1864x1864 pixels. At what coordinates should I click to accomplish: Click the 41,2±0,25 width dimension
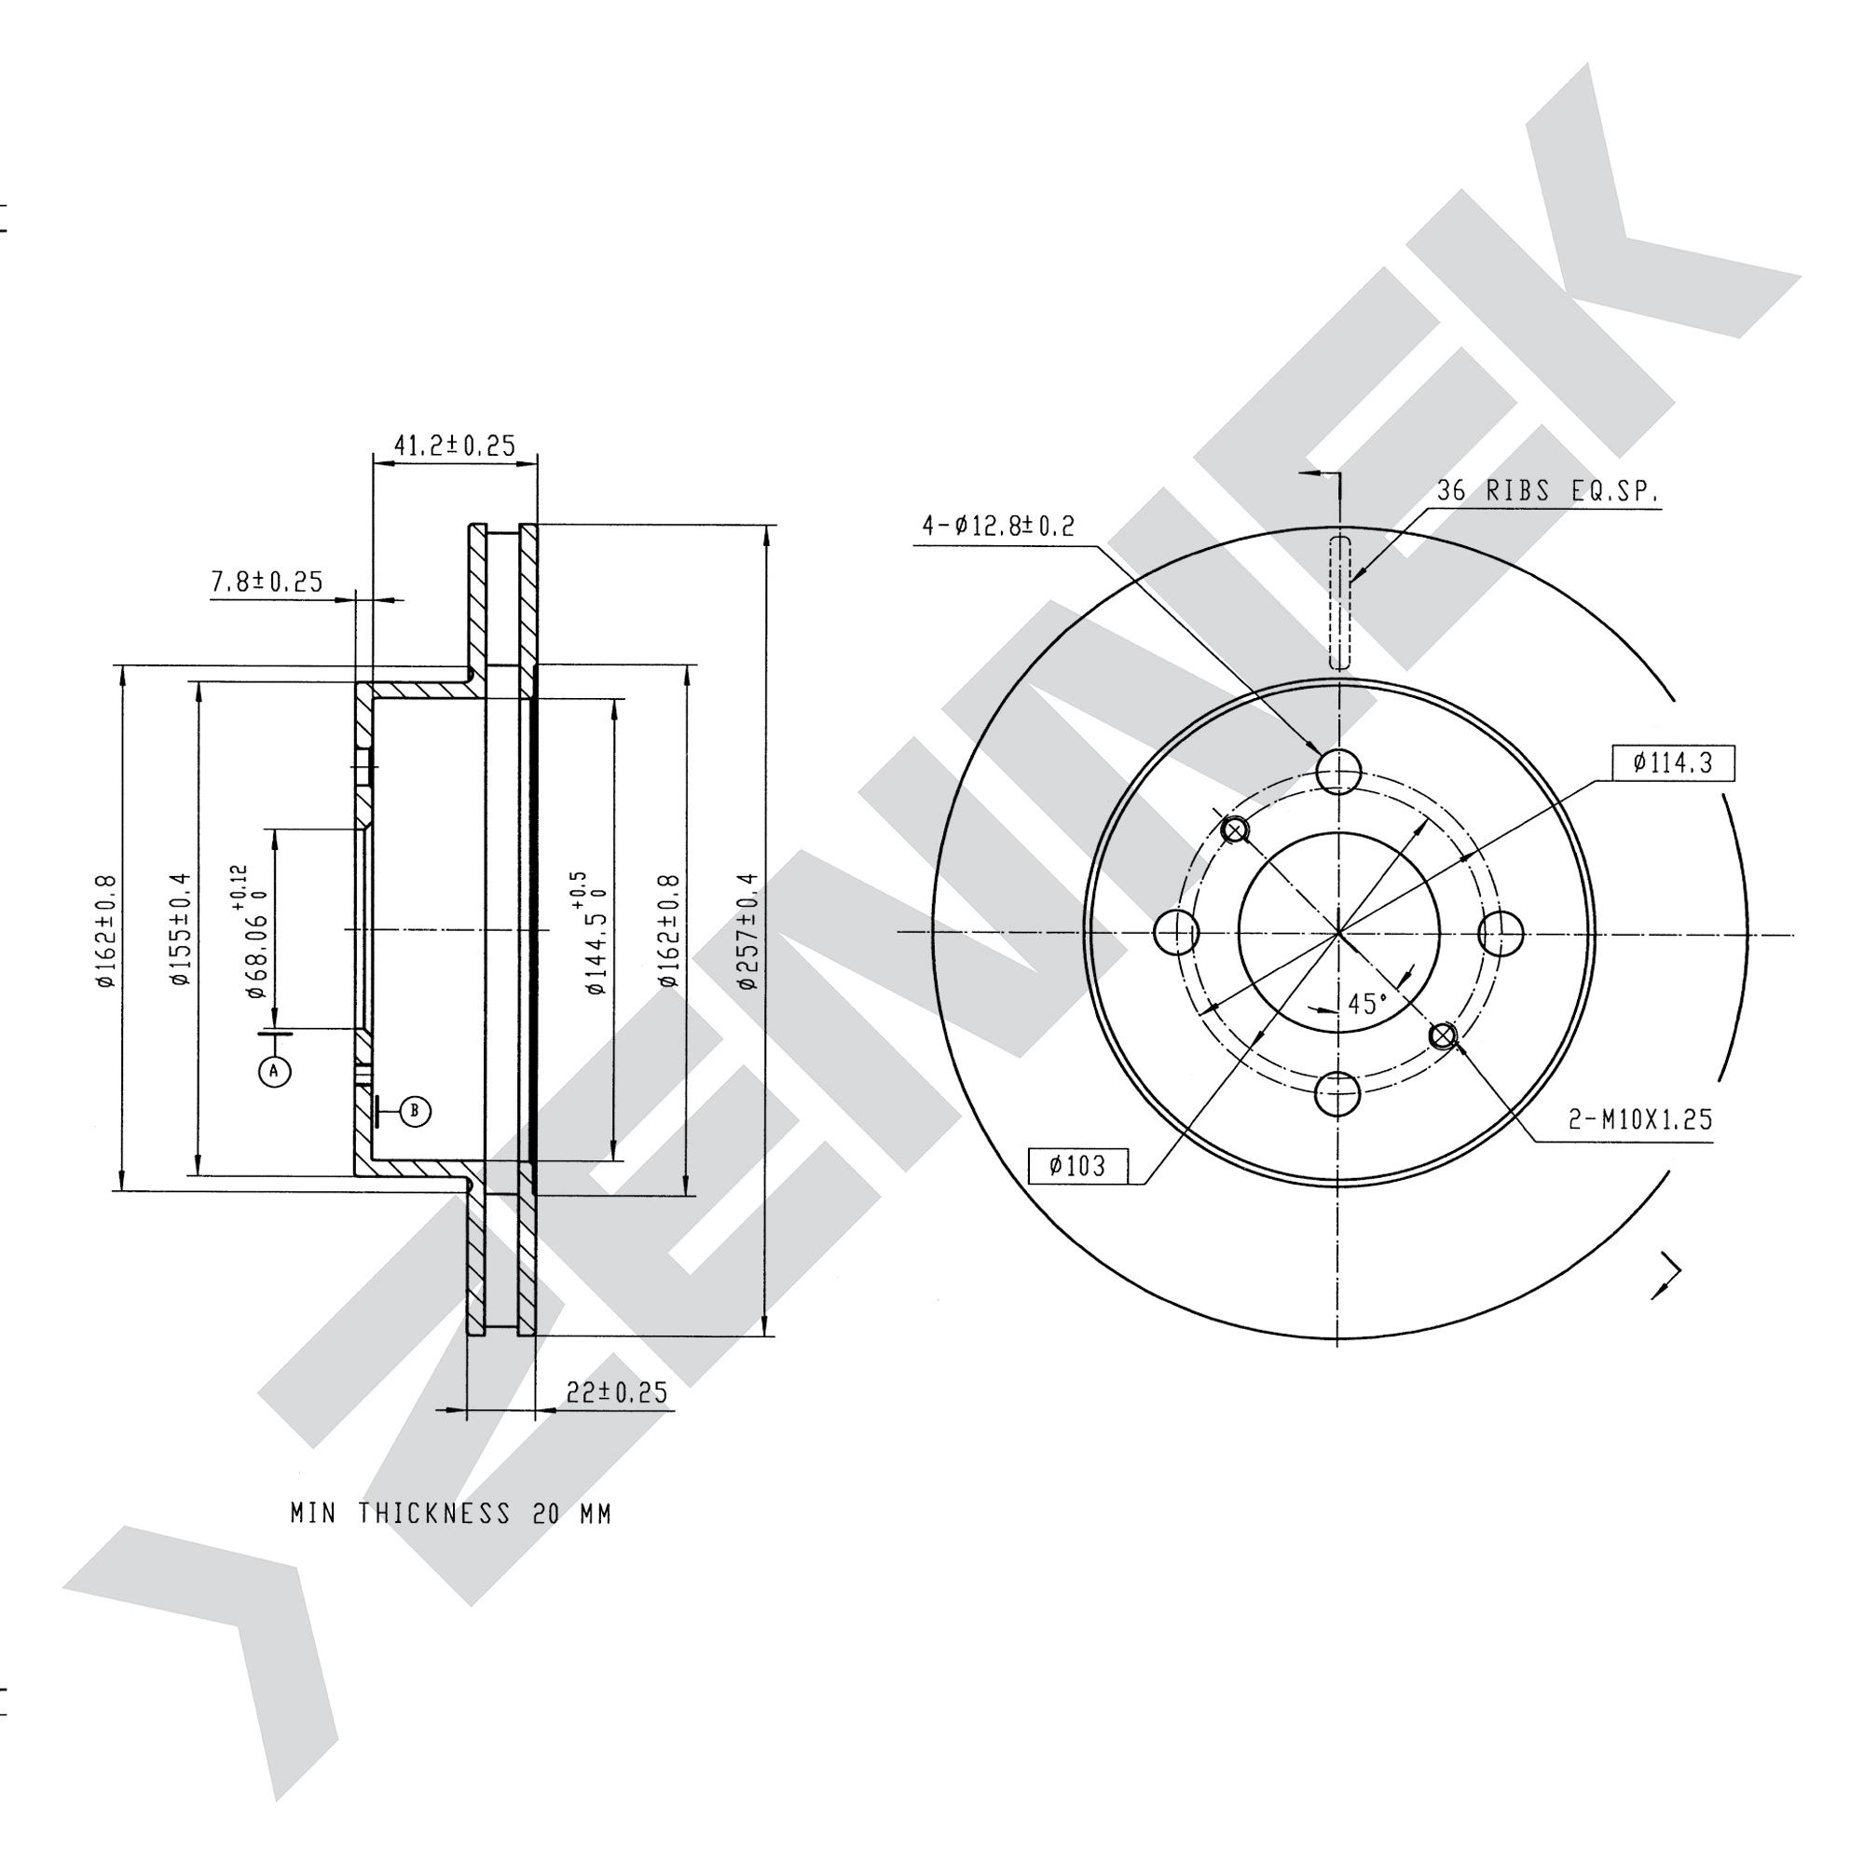tap(455, 445)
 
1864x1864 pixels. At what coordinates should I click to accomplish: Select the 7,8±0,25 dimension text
tap(267, 582)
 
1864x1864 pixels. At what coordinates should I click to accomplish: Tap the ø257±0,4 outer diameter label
tap(748, 931)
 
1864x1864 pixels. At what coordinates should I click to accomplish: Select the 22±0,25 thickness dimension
tap(616, 1392)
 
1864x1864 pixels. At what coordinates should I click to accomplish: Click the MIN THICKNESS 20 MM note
tap(451, 1514)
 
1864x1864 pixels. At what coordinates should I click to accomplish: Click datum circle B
tap(415, 1112)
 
